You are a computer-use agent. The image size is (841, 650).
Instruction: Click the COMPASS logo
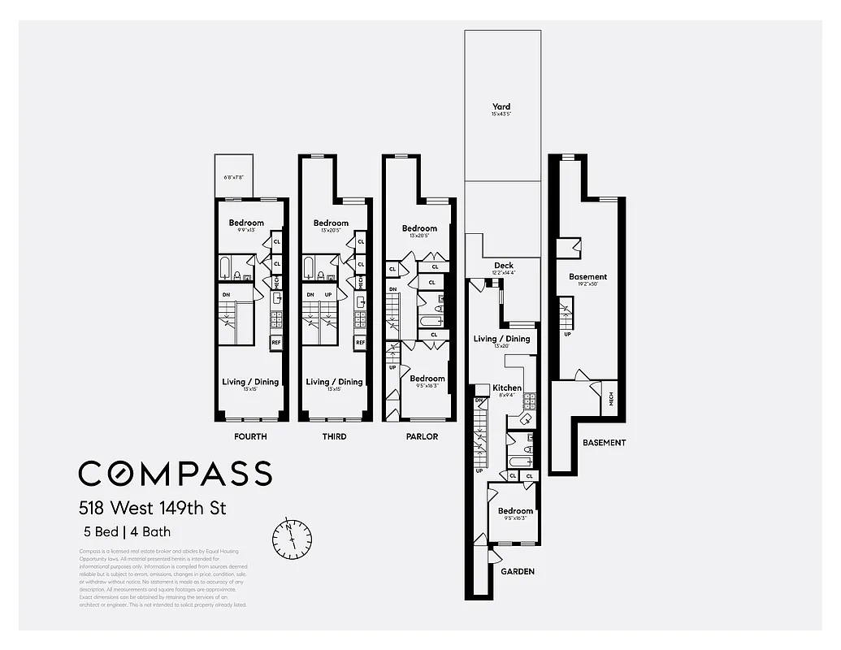tap(175, 473)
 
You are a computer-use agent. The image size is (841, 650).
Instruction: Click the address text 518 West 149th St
tap(152, 509)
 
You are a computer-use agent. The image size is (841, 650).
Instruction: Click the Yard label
tap(501, 106)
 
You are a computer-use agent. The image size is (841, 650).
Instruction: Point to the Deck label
tap(504, 266)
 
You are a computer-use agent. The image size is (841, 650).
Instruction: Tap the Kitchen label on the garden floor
tap(507, 388)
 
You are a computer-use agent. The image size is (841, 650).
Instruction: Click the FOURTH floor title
tap(249, 436)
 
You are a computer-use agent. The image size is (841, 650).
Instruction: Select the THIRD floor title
tap(334, 436)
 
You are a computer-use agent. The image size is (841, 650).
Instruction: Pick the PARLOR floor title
tap(422, 436)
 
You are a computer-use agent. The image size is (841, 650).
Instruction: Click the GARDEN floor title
tap(517, 571)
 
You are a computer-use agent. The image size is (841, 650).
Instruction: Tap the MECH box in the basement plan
tap(610, 399)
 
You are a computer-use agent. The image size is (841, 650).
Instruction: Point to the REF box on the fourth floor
tap(276, 343)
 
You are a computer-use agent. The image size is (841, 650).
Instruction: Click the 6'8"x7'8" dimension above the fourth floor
tap(234, 178)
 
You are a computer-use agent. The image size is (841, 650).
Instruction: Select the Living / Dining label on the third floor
tap(334, 382)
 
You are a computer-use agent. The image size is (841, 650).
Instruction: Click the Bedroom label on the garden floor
tap(515, 511)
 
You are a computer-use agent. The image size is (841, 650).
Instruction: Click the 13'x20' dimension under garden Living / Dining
tap(501, 347)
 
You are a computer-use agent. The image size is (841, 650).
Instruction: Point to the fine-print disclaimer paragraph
tap(163, 578)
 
